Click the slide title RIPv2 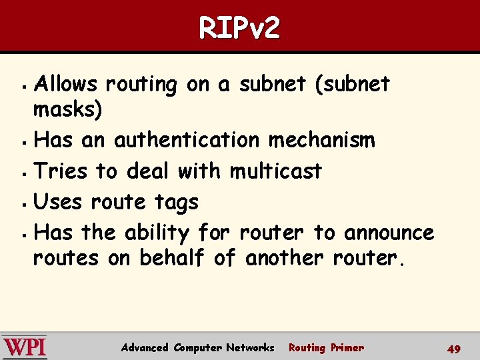pyautogui.click(x=239, y=28)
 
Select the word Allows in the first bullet pyautogui.click(x=65, y=85)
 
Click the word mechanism pyautogui.click(x=322, y=141)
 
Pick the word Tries pyautogui.click(x=60, y=171)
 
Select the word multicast pyautogui.click(x=275, y=171)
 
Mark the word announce pyautogui.click(x=389, y=233)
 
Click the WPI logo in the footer pyautogui.click(x=25, y=347)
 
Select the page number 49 pyautogui.click(x=454, y=349)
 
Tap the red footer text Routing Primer pyautogui.click(x=326, y=347)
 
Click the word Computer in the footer pyautogui.click(x=197, y=347)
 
